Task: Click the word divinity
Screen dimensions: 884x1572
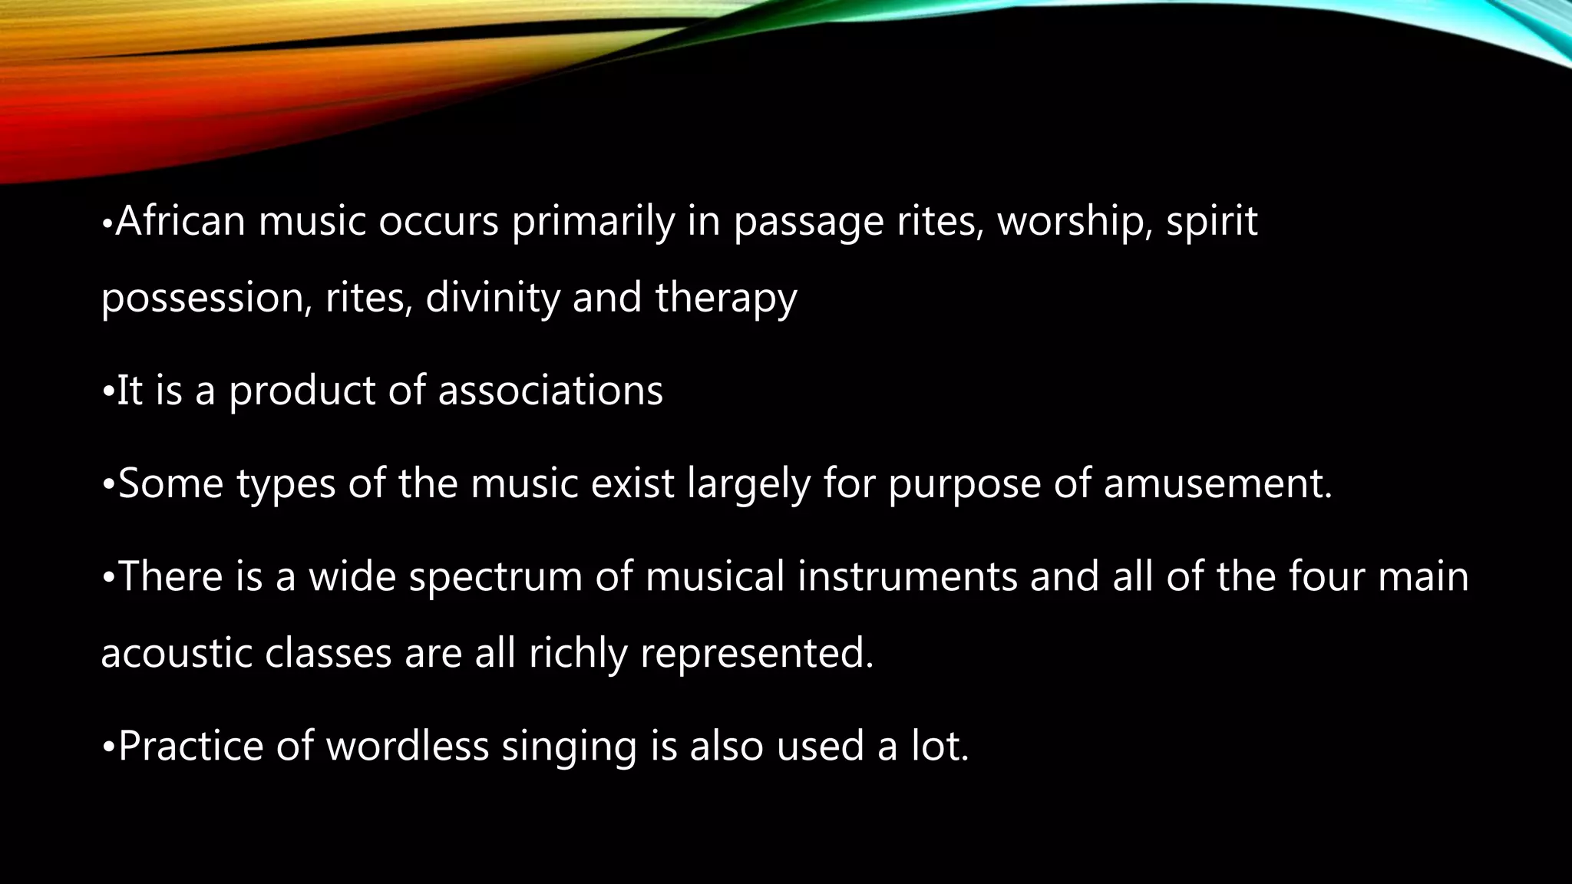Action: pyautogui.click(x=492, y=298)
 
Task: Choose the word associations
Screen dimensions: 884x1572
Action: pyautogui.click(x=550, y=391)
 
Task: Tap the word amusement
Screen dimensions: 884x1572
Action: pyautogui.click(x=1217, y=484)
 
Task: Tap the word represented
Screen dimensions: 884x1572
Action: pyautogui.click(x=757, y=654)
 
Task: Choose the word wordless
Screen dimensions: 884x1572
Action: pyautogui.click(x=408, y=746)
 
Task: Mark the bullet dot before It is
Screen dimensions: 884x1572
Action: pyautogui.click(x=107, y=391)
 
